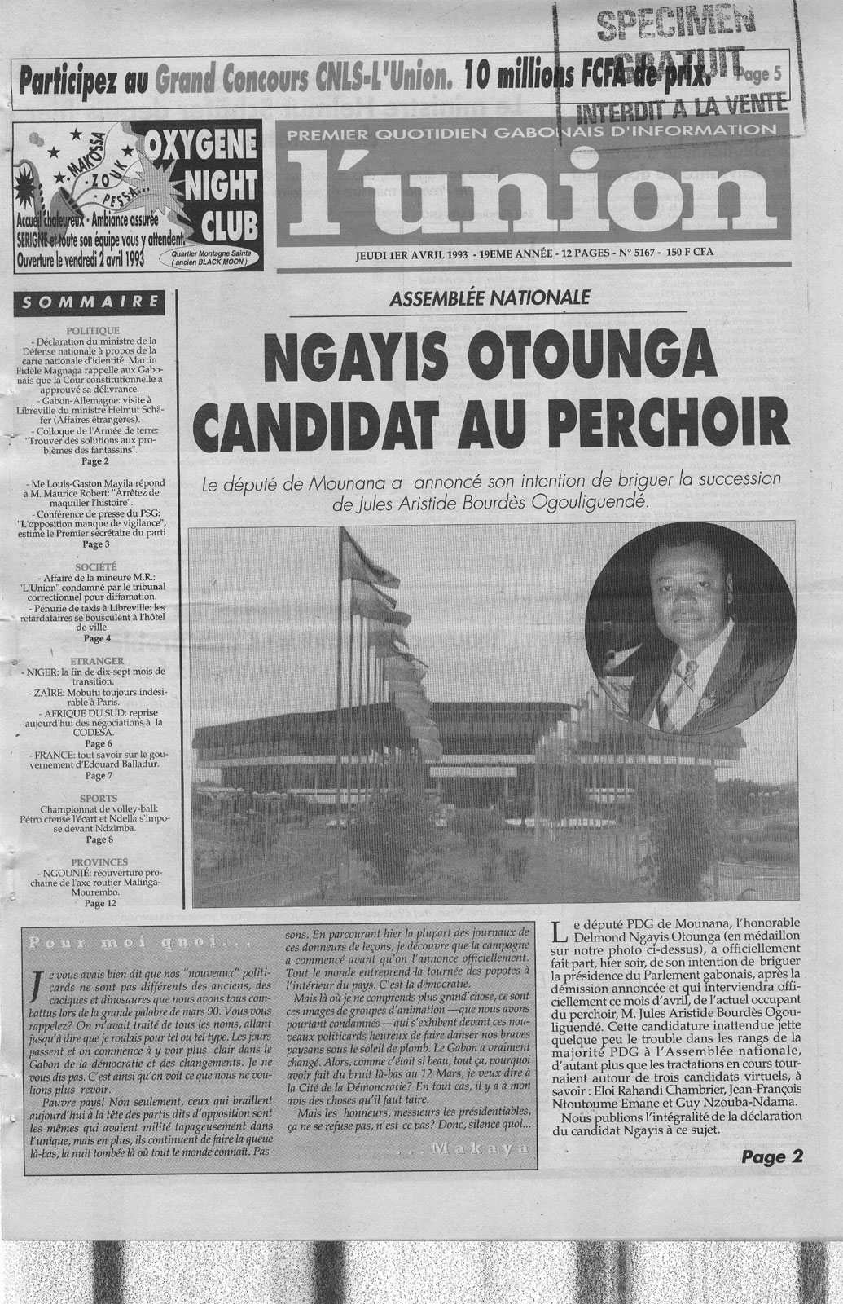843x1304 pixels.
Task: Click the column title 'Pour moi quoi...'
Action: (123, 944)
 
